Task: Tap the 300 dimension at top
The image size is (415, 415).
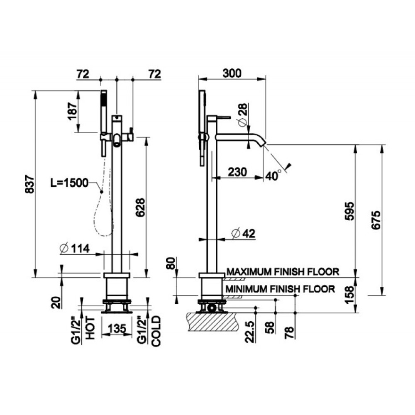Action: pyautogui.click(x=232, y=73)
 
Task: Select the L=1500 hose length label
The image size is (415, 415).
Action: pyautogui.click(x=69, y=183)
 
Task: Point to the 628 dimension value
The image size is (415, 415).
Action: pyautogui.click(x=141, y=207)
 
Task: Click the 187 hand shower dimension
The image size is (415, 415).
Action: pyautogui.click(x=73, y=111)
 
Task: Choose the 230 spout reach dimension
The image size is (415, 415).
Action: pyautogui.click(x=237, y=172)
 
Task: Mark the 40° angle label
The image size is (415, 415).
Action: pyautogui.click(x=273, y=176)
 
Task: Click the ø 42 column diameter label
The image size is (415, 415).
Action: pyautogui.click(x=243, y=233)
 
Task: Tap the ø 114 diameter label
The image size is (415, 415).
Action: pyautogui.click(x=75, y=248)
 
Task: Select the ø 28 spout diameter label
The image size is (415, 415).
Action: pyautogui.click(x=242, y=115)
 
